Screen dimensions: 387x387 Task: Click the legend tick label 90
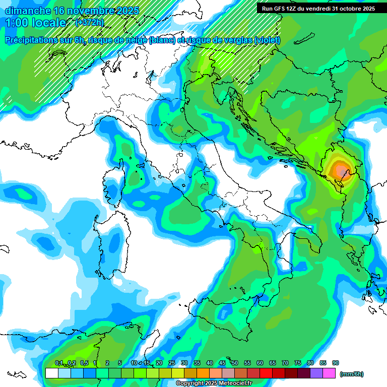(336, 363)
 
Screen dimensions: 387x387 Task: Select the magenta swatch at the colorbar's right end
(329, 373)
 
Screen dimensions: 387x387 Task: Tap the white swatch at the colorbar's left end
(51, 373)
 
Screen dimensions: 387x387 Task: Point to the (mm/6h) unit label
(352, 374)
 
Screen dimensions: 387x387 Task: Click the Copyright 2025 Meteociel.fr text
(214, 383)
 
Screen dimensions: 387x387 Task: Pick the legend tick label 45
(222, 363)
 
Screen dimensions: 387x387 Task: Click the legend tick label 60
(260, 363)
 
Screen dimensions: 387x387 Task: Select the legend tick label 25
(172, 363)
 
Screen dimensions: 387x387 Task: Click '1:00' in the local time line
(16, 23)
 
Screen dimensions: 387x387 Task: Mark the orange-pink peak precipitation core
(341, 169)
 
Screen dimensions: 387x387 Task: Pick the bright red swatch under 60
(266, 373)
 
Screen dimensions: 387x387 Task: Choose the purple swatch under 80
(316, 373)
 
